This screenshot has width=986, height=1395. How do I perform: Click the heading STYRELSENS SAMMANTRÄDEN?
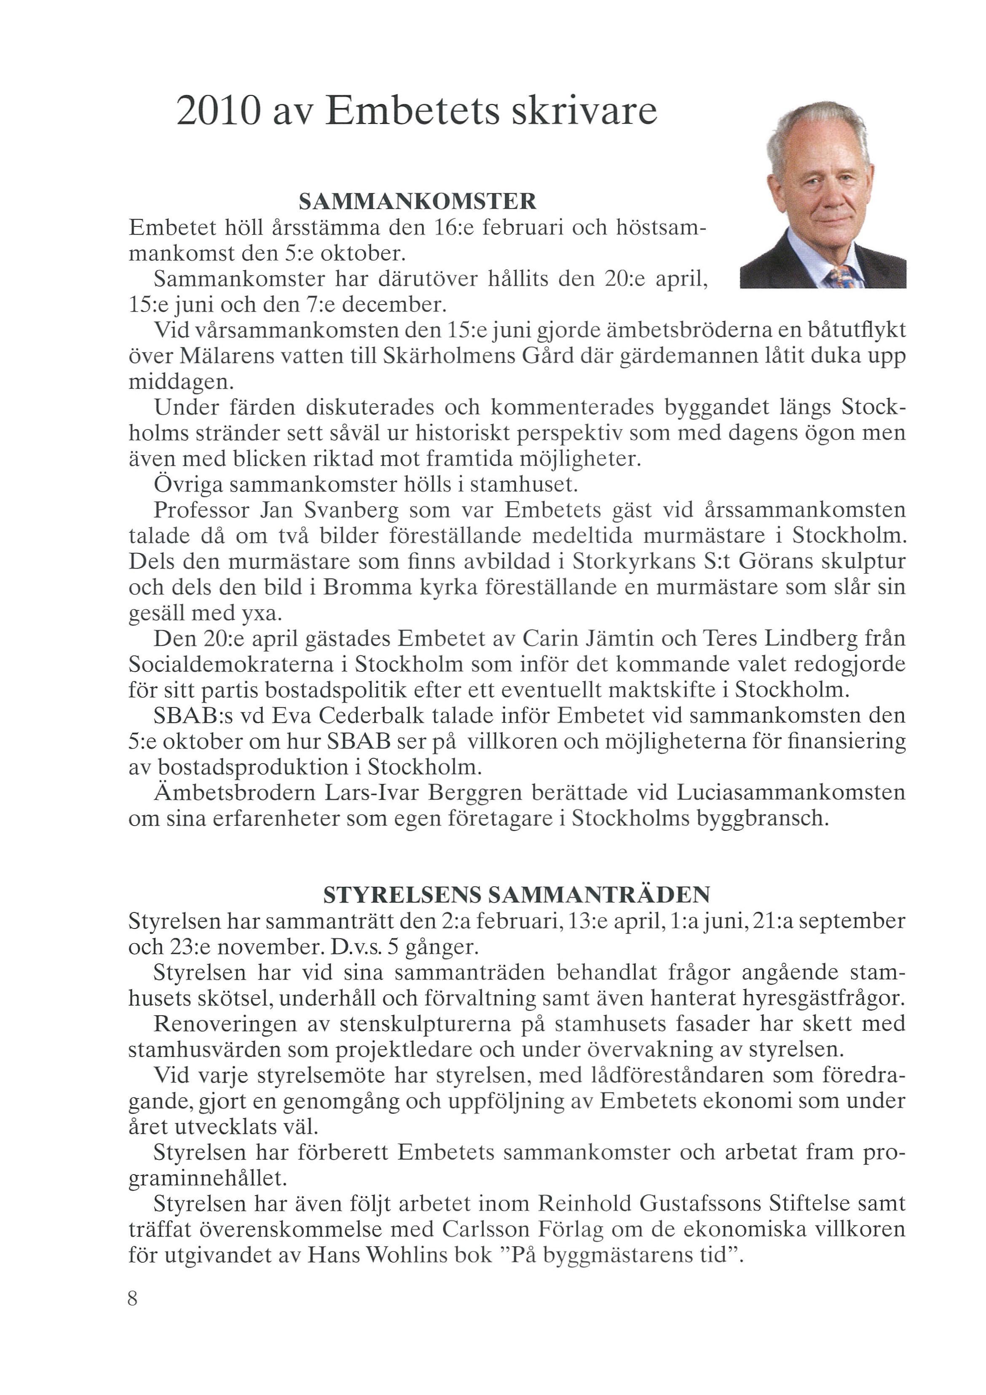[517, 895]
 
